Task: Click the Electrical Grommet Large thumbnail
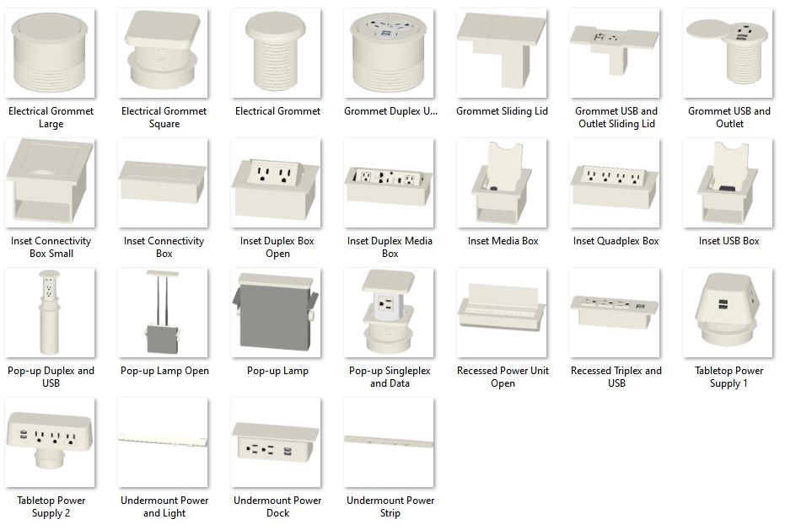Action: click(x=50, y=53)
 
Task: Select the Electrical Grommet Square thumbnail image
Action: click(x=163, y=53)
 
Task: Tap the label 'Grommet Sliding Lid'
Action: click(x=502, y=111)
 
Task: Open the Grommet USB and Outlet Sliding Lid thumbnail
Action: click(x=615, y=53)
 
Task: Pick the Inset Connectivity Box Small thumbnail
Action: click(x=50, y=183)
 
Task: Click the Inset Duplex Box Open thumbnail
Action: click(x=276, y=183)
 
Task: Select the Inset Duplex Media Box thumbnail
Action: click(x=389, y=183)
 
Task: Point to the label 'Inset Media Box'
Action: click(x=503, y=241)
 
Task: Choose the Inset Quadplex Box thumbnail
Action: click(x=615, y=183)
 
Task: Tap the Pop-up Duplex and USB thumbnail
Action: click(x=50, y=313)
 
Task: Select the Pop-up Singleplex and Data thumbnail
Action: click(x=389, y=313)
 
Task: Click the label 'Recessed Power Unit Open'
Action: click(x=503, y=377)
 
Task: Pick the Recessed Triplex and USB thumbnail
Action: click(x=615, y=313)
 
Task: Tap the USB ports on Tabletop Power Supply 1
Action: click(x=723, y=304)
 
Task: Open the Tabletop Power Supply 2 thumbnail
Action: click(x=50, y=442)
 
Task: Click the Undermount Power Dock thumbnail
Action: click(x=276, y=442)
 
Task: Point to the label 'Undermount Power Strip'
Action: click(x=390, y=506)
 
